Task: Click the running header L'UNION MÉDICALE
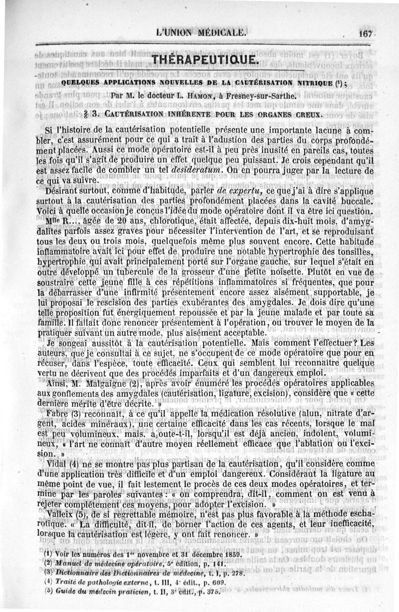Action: pyautogui.click(x=201, y=33)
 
